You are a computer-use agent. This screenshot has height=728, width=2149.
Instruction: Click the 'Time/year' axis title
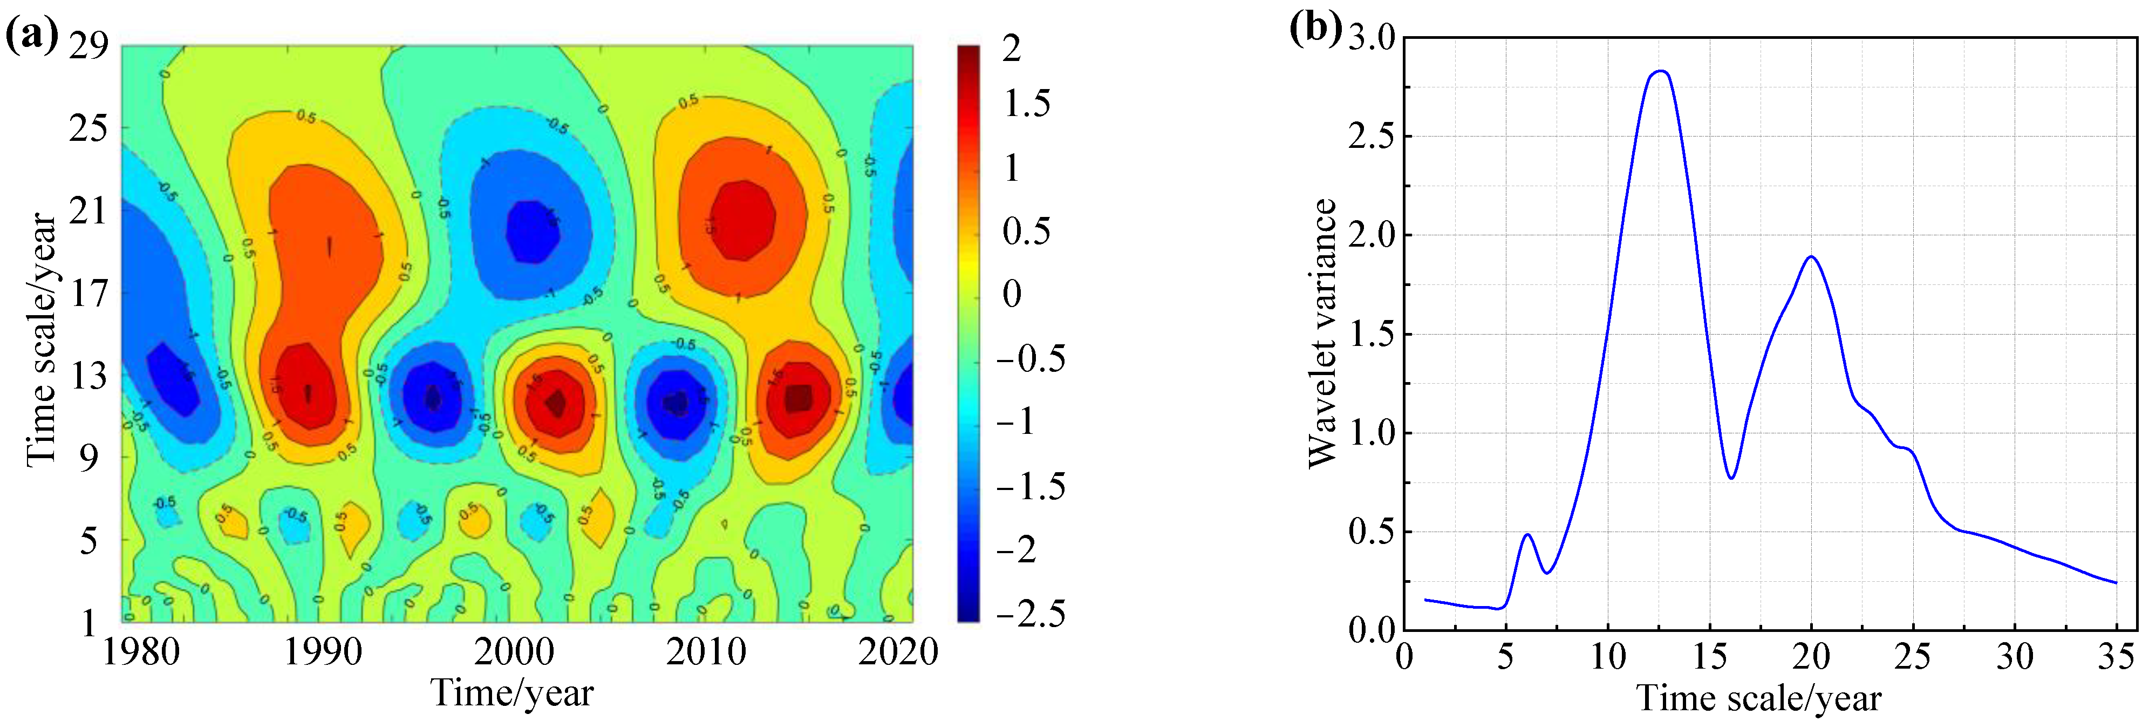point(511,693)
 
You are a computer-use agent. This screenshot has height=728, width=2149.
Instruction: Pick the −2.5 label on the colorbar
point(1031,614)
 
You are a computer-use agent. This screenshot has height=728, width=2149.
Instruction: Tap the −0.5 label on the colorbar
point(1031,359)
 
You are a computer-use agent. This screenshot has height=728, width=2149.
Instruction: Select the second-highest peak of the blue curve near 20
point(1811,256)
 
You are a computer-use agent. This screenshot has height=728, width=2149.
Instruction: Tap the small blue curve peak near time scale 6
point(1527,534)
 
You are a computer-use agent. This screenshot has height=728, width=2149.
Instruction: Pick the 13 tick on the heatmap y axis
point(88,376)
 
